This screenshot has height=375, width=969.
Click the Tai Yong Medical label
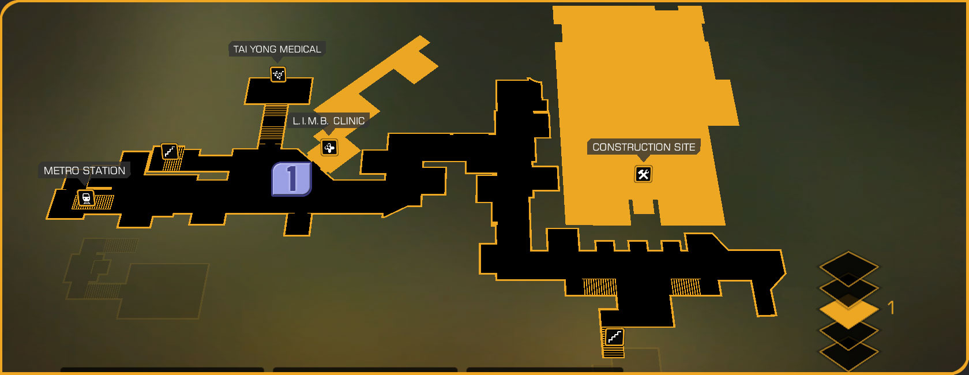coord(277,50)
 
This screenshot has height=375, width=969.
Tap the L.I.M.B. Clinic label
coord(328,121)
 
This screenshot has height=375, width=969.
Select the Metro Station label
coord(84,171)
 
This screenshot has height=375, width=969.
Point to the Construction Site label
coord(644,147)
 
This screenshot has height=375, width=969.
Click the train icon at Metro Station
coord(86,198)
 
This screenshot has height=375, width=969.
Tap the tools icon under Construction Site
coord(643,174)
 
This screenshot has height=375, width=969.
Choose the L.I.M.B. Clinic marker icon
coord(329,148)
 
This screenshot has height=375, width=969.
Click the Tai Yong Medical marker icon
coord(278,74)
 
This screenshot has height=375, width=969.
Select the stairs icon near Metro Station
coord(169,152)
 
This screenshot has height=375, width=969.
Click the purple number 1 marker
coord(291,179)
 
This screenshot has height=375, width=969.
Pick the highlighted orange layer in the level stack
coord(848,310)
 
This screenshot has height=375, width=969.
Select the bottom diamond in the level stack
coord(848,353)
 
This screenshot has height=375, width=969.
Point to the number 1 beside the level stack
coord(891,308)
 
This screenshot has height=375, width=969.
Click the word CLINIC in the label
coord(349,121)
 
